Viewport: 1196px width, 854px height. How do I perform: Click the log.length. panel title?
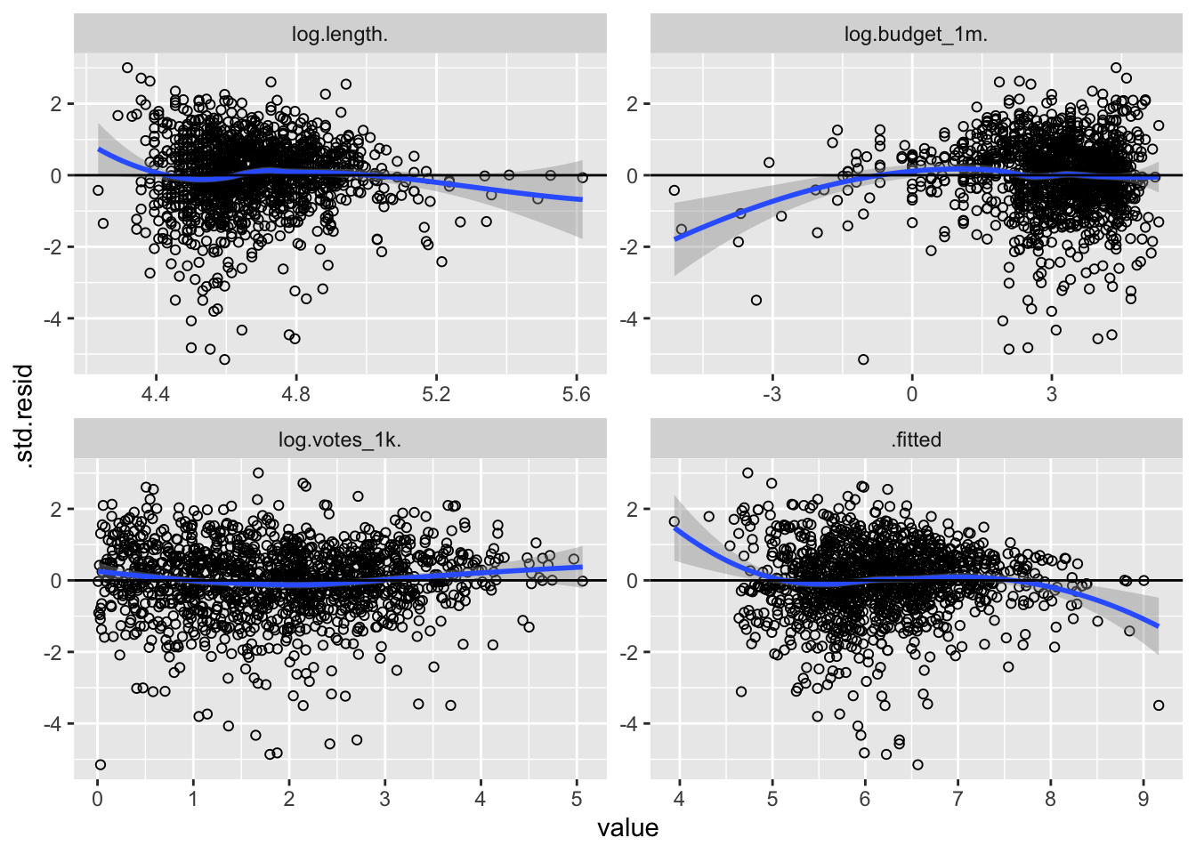(339, 35)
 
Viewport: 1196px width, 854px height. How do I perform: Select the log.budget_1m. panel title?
(916, 35)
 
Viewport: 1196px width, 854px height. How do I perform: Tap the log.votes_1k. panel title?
(339, 439)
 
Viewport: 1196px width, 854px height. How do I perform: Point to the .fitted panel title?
(916, 439)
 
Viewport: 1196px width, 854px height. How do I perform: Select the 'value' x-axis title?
(627, 828)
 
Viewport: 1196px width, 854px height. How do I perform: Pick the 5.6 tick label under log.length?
(577, 394)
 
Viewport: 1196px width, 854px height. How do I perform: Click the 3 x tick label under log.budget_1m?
(1051, 394)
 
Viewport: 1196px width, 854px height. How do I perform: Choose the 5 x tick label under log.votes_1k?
(576, 799)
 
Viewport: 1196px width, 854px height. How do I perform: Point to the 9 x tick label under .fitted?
(1143, 799)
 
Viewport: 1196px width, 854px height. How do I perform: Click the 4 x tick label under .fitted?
(679, 799)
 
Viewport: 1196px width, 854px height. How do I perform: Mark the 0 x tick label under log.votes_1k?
(97, 799)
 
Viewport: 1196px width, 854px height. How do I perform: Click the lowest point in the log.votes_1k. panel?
(100, 764)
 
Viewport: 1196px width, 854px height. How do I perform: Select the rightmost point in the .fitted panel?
(1159, 705)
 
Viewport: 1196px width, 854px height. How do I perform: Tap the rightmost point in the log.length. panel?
(582, 177)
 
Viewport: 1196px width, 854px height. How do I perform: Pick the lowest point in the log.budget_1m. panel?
(863, 359)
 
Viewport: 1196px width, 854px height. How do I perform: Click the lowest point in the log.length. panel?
(224, 359)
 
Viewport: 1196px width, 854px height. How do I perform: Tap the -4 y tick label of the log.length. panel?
(55, 318)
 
